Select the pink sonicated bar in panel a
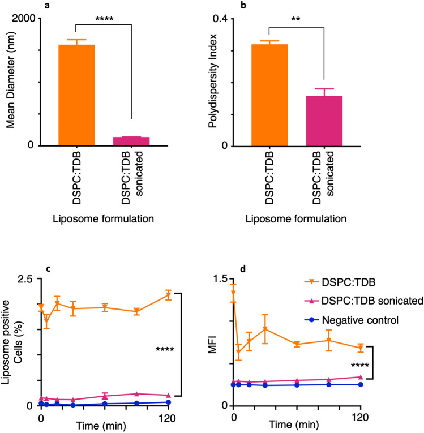tap(131, 142)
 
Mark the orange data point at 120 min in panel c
tap(168, 295)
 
